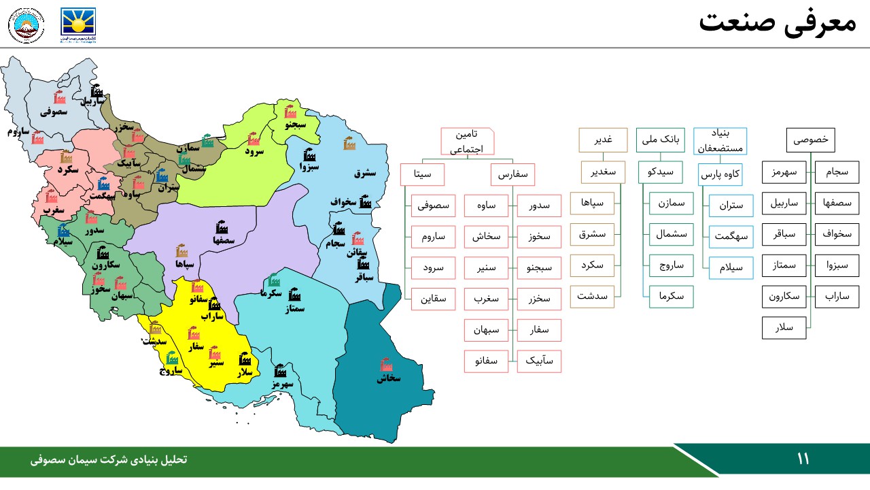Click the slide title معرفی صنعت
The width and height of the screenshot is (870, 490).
pyautogui.click(x=777, y=22)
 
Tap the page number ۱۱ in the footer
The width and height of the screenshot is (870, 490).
pyautogui.click(x=803, y=459)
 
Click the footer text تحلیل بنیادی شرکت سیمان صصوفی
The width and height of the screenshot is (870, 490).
pyautogui.click(x=109, y=460)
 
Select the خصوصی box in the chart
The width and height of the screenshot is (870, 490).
pyautogui.click(x=810, y=140)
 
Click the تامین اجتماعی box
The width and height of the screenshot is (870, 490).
pyautogui.click(x=467, y=142)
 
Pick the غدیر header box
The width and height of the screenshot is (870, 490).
pyautogui.click(x=603, y=140)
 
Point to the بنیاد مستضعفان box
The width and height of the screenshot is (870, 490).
pyautogui.click(x=720, y=140)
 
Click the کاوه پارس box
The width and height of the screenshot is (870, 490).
pyautogui.click(x=720, y=174)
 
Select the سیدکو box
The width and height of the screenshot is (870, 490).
pyautogui.click(x=661, y=172)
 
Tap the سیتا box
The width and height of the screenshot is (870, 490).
pyautogui.click(x=422, y=174)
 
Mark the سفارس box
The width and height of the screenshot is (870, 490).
pyautogui.click(x=512, y=174)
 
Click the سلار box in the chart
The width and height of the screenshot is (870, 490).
pyautogui.click(x=784, y=328)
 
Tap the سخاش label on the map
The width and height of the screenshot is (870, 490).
pyautogui.click(x=389, y=378)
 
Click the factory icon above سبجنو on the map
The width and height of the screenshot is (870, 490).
pyautogui.click(x=291, y=112)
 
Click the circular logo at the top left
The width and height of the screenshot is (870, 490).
pyautogui.click(x=27, y=25)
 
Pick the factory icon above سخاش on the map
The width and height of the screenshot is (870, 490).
pyautogui.click(x=387, y=364)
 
